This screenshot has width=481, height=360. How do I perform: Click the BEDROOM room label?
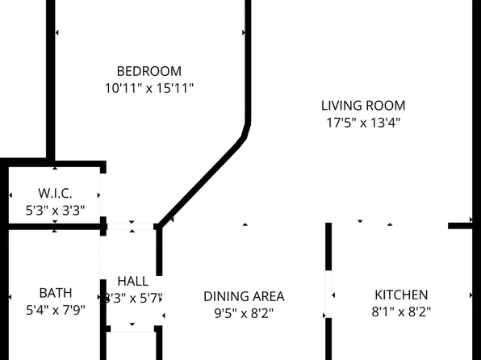pos(148,71)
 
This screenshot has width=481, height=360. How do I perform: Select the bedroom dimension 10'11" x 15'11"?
pos(148,87)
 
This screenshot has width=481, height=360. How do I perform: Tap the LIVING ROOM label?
pos(363,106)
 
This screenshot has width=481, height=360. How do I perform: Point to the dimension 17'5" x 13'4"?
pos(363,123)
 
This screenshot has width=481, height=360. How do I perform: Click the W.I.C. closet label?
pos(55,193)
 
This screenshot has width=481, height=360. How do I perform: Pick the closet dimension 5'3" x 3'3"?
pos(55,210)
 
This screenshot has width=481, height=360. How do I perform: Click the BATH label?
pos(55,293)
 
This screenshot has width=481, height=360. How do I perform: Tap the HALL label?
pos(132,281)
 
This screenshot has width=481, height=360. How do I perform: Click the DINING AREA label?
pos(243,296)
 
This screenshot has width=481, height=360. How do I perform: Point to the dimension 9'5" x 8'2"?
pos(243,313)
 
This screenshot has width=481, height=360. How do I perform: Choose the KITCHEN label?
pos(401,295)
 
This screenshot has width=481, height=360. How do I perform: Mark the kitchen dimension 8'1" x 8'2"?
pos(401,312)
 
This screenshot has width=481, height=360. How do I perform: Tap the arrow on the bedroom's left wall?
pos(56,33)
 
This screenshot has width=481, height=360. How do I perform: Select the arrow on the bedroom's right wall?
pos(245,33)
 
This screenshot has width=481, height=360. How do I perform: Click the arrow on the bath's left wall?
pos(10,297)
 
